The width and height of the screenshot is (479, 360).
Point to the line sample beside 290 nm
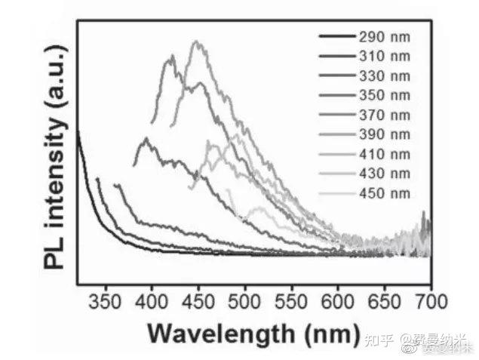tap(336, 36)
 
